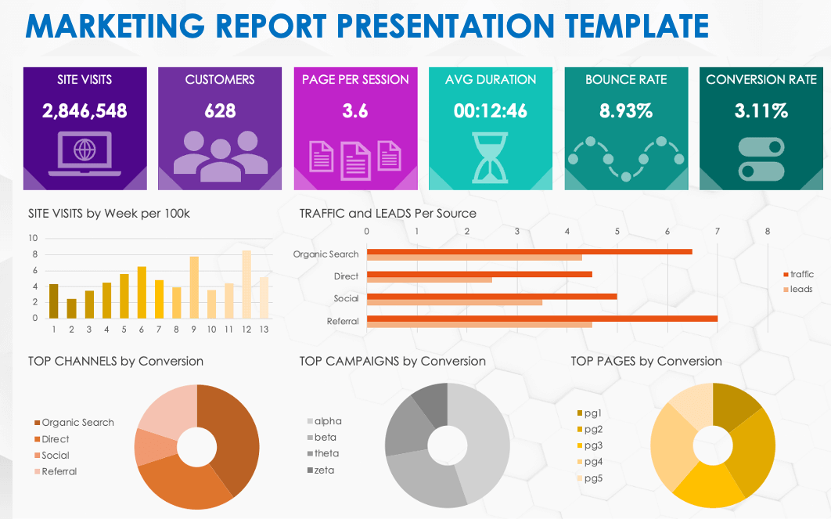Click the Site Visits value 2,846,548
(85, 110)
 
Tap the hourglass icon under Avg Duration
(491, 153)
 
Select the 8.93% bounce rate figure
(626, 110)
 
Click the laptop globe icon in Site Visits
(85, 153)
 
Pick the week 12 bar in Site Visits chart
(246, 284)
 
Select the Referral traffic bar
(541, 318)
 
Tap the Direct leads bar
(429, 279)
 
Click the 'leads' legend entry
(800, 289)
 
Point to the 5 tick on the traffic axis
(617, 232)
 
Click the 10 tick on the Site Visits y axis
(33, 238)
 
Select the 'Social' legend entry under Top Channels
(55, 455)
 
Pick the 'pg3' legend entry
(593, 445)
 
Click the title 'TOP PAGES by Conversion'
(646, 361)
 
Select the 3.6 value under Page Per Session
(354, 110)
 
